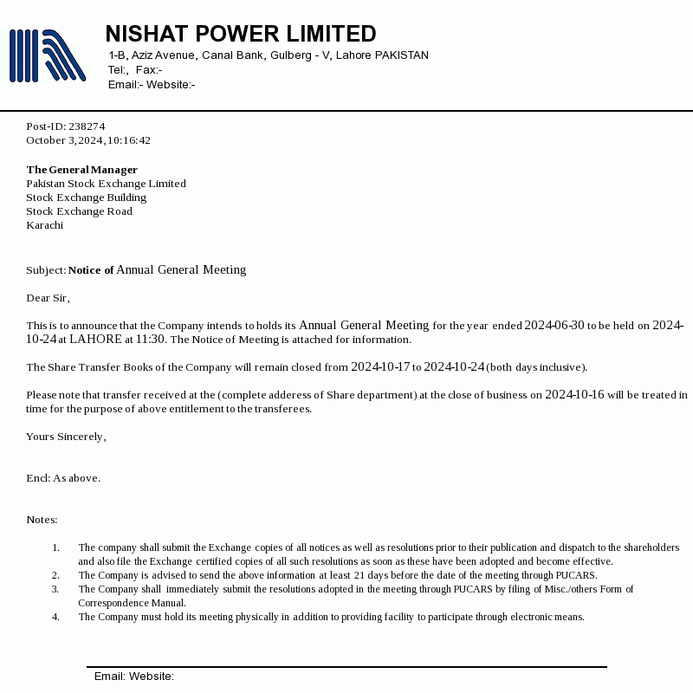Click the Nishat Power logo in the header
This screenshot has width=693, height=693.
click(48, 55)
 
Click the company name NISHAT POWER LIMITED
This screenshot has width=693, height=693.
click(240, 34)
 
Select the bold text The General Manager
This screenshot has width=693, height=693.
click(81, 170)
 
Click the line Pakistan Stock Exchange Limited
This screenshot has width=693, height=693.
click(106, 184)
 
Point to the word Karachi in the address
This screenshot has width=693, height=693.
click(44, 225)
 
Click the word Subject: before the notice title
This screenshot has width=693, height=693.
click(46, 270)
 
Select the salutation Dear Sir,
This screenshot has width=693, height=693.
click(48, 298)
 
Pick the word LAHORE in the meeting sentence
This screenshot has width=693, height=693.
click(95, 340)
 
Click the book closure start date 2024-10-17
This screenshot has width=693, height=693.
click(380, 367)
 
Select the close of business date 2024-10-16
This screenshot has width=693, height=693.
click(574, 395)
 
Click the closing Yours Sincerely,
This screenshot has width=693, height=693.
click(66, 437)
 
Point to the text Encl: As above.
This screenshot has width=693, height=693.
click(63, 478)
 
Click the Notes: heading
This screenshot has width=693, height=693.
click(42, 520)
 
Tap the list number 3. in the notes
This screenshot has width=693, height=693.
click(55, 589)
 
